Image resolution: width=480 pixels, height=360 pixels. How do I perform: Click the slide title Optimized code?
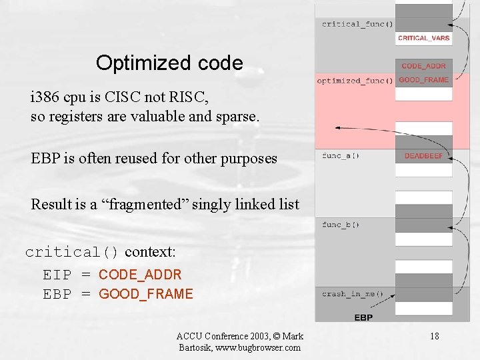click(x=169, y=63)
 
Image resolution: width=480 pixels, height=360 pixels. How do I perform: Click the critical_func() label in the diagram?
click(x=357, y=25)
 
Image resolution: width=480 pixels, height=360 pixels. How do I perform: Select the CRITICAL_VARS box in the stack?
click(x=423, y=39)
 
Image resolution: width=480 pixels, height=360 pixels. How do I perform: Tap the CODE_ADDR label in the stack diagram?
click(x=423, y=66)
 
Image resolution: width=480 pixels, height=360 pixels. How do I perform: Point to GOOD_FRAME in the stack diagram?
click(x=423, y=80)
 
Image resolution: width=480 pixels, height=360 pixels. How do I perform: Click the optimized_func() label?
click(x=355, y=81)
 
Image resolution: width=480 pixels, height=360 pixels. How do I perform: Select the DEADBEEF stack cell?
click(x=423, y=156)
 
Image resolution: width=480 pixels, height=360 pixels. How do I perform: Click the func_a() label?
click(x=341, y=156)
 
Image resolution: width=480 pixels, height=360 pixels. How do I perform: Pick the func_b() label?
click(x=341, y=225)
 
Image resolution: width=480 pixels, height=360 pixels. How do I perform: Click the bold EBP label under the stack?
click(x=363, y=317)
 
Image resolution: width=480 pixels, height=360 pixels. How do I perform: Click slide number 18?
click(x=434, y=336)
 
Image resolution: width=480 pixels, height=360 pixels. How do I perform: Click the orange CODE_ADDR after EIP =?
click(x=140, y=274)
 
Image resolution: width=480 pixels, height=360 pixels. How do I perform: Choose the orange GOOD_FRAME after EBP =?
click(x=146, y=294)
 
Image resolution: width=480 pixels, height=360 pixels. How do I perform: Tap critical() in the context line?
click(x=72, y=252)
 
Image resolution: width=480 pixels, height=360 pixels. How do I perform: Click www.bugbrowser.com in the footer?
click(x=255, y=347)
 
